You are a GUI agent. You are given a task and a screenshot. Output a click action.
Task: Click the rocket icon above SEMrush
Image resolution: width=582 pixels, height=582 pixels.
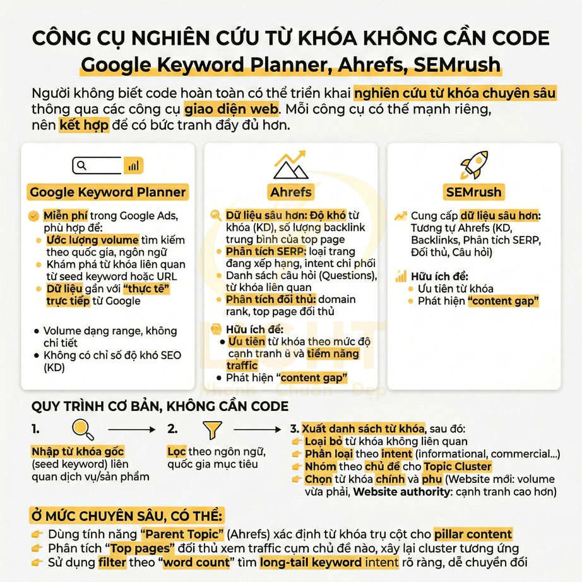(474, 164)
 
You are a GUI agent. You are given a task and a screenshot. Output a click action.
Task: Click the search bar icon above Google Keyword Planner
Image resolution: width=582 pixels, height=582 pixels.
(108, 165)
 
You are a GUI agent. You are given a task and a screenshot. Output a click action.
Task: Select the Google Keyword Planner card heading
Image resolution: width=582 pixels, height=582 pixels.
(108, 192)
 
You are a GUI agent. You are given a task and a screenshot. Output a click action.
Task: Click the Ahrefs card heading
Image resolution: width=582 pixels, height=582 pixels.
(290, 192)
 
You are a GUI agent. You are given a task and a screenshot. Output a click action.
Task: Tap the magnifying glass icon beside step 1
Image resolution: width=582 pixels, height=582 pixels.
(83, 429)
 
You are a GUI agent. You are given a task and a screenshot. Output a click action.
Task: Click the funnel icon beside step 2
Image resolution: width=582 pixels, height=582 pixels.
(210, 430)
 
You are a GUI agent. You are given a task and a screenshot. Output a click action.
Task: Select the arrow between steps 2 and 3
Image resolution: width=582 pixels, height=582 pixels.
(257, 430)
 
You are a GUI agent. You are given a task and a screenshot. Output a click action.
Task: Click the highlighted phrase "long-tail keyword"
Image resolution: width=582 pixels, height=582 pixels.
(328, 562)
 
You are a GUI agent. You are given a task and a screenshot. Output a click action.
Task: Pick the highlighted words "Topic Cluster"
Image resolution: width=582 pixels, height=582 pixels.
(457, 466)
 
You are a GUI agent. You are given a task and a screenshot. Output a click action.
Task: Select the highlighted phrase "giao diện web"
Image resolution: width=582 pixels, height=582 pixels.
(231, 108)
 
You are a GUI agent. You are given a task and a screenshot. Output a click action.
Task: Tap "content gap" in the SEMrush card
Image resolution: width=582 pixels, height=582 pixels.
(503, 300)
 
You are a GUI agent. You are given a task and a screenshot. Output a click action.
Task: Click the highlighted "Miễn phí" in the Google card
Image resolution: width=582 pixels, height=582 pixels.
(65, 215)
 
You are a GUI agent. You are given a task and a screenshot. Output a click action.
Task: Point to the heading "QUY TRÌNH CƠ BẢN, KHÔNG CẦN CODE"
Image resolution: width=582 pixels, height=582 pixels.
(151, 406)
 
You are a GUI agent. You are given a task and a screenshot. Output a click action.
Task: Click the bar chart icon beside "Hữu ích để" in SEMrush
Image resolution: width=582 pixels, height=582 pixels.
(400, 276)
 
